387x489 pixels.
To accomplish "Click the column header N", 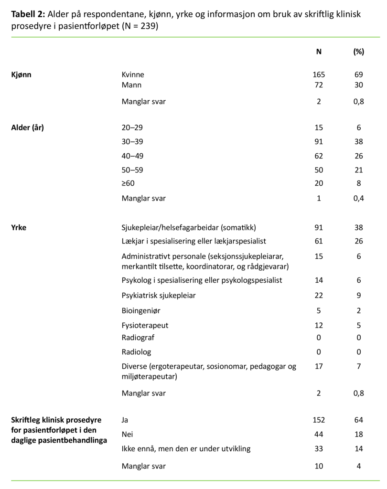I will [319, 52].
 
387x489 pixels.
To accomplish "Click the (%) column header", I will [358, 52].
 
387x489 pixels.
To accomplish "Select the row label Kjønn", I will [22, 75].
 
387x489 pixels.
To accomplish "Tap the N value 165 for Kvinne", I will [319, 75].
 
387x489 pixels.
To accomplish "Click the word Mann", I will [131, 85].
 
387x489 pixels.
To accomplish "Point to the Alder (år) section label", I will [28, 128].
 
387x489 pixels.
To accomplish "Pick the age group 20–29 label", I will [132, 128].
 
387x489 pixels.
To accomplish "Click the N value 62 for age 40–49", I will [319, 156].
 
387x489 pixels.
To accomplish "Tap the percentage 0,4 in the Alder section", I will [358, 199].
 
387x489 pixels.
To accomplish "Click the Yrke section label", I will [19, 227].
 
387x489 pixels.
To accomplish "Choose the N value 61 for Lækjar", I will [319, 242].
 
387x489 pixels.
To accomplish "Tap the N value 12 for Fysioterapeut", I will [319, 326].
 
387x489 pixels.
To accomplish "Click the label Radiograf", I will [138, 338].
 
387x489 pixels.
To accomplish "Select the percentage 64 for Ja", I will [358, 420].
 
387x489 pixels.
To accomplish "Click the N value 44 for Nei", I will [319, 434].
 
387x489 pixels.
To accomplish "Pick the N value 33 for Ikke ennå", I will [319, 449].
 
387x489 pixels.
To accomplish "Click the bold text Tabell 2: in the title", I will [27, 14].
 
